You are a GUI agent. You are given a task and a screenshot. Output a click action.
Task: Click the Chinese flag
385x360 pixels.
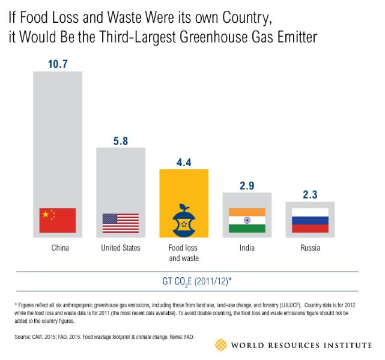57,220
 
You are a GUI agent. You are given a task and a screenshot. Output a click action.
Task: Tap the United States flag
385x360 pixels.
120,223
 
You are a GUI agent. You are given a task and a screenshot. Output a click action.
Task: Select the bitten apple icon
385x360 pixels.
183,220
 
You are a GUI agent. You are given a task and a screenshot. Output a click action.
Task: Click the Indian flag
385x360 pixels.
246,220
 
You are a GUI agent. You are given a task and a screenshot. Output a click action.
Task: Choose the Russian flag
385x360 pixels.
309,220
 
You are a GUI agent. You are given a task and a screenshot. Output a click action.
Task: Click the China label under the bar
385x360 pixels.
57,247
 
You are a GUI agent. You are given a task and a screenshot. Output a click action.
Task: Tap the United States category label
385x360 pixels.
120,247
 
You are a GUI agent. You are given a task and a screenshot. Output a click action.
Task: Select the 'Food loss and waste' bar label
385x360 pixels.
183,252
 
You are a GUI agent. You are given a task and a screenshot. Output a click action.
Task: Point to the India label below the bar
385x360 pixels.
246,247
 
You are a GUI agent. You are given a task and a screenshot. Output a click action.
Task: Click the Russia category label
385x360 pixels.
309,247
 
